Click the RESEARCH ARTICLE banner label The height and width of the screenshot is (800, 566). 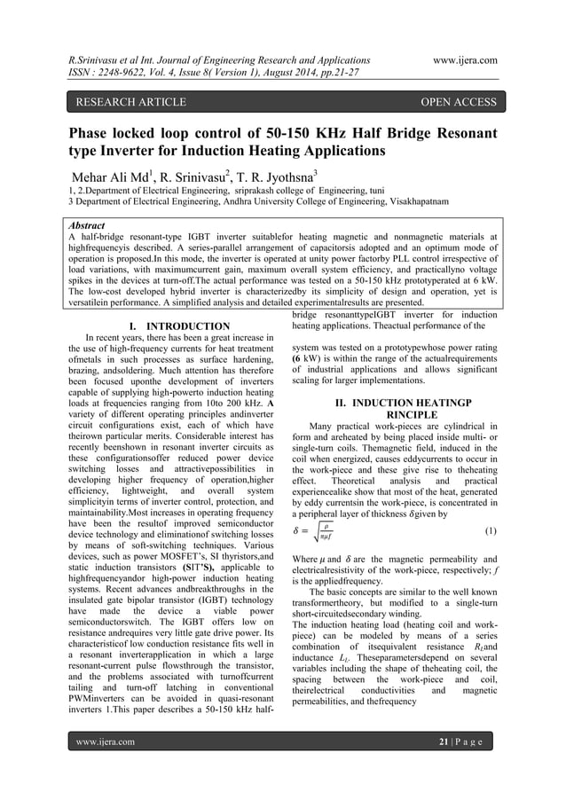point(130,102)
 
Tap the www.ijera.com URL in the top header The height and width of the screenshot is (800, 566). point(460,59)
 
